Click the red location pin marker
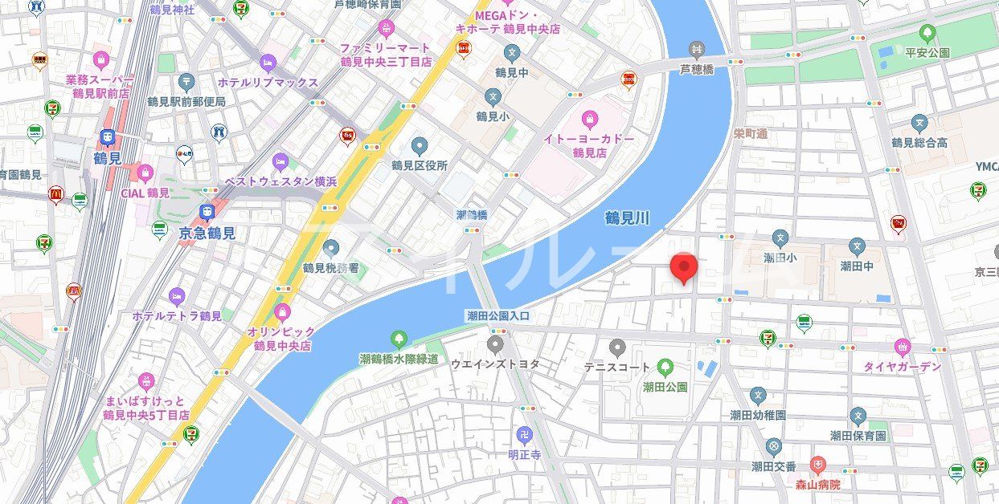pos(683,268)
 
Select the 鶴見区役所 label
pos(420,165)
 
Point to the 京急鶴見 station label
pos(207,234)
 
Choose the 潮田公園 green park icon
pos(665,368)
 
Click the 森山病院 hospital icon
pos(817,465)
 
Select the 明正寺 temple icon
pos(525,434)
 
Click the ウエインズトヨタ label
pos(495,364)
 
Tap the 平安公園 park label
pos(927,52)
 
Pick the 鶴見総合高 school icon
pos(919,124)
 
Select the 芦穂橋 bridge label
pos(697,69)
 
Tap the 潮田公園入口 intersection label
pos(498,316)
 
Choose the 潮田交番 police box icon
pos(773,446)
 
